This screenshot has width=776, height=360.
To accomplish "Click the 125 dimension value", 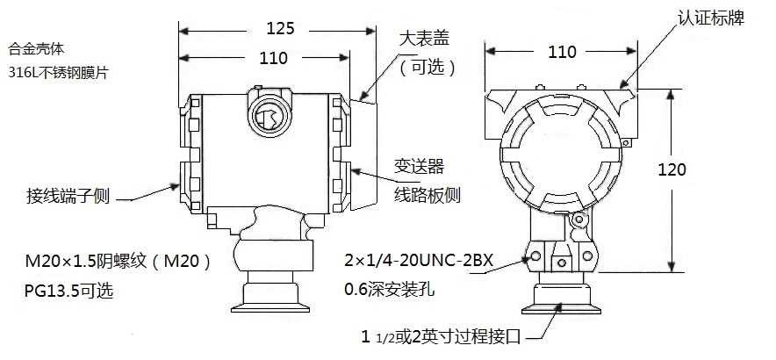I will [x=279, y=28].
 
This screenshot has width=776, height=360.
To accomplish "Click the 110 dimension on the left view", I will [x=274, y=59].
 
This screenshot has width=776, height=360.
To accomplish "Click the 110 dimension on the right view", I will [x=562, y=52].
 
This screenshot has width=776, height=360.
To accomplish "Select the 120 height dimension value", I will [x=672, y=169].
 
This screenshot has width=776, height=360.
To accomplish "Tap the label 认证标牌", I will [x=711, y=18].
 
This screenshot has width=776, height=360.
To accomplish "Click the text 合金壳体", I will [x=32, y=46].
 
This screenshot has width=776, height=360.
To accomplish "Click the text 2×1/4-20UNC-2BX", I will [x=417, y=261].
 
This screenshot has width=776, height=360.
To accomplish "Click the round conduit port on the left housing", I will [x=267, y=113].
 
